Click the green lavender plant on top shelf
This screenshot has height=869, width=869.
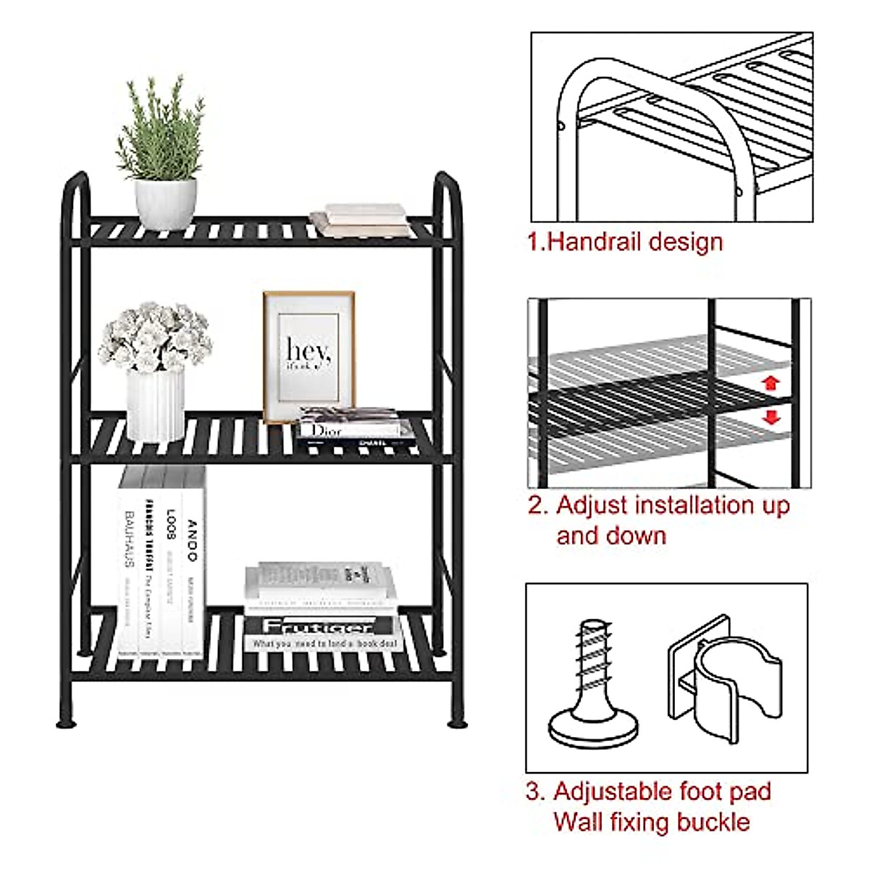coord(159,130)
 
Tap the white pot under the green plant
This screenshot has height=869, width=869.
coord(165,203)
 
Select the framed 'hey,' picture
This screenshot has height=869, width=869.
coord(309,356)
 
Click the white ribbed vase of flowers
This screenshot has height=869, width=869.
coord(155,406)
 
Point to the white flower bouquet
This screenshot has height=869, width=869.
coord(155,337)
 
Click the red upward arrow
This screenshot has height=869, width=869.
coord(771,383)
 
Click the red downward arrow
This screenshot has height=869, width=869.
coord(771,417)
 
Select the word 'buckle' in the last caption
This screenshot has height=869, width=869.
coord(713,822)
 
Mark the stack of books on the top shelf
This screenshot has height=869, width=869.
coord(361,220)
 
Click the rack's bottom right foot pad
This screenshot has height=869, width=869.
coord(457,722)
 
